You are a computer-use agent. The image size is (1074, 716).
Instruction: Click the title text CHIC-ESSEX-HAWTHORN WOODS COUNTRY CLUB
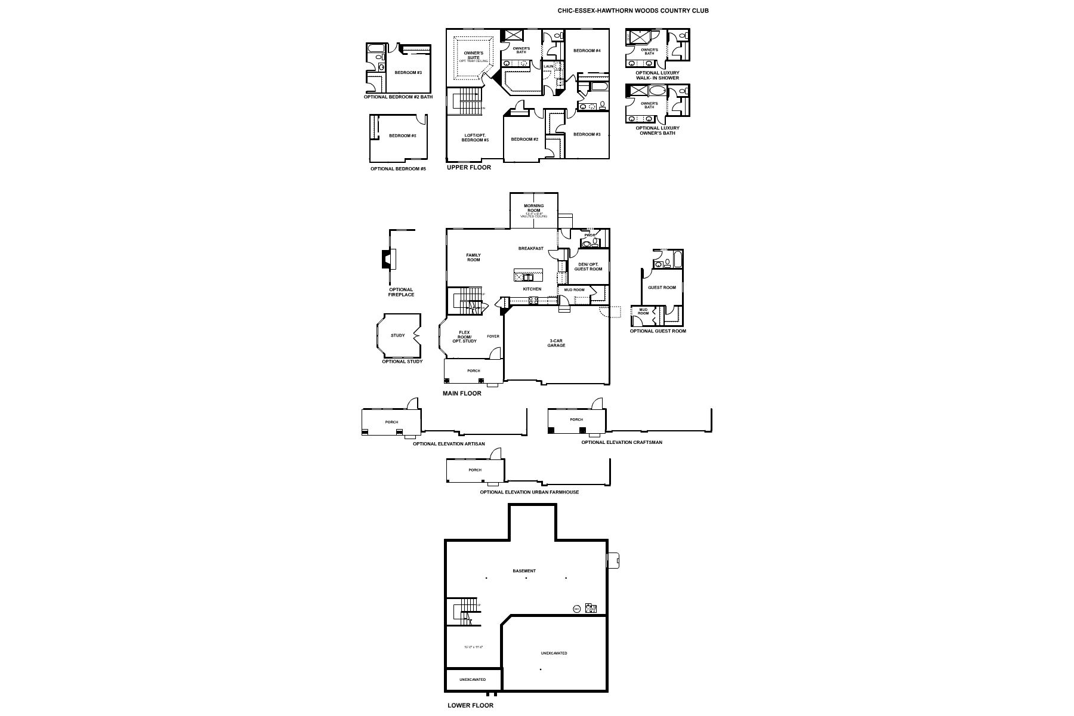[633, 11]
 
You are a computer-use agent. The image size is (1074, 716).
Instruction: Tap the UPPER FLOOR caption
[469, 168]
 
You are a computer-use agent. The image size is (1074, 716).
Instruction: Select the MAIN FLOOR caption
[462, 394]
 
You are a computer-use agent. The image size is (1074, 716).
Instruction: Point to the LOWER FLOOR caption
[471, 705]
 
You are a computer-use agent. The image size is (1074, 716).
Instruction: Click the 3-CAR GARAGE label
[556, 343]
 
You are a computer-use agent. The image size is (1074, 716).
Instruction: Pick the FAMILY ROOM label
[473, 257]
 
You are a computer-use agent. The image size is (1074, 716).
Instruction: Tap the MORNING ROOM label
[533, 208]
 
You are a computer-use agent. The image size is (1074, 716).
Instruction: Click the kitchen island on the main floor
[528, 275]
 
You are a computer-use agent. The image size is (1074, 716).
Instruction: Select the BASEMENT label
[524, 571]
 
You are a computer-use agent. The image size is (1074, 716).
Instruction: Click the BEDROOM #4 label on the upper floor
[587, 51]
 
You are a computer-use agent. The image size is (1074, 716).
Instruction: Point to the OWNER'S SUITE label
[473, 55]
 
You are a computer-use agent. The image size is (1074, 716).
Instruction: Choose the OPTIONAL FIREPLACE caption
[401, 292]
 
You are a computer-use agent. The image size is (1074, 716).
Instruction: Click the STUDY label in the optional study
[397, 335]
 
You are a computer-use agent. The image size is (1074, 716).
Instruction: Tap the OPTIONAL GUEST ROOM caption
[658, 331]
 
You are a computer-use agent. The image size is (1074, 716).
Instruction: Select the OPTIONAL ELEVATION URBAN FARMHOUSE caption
[529, 492]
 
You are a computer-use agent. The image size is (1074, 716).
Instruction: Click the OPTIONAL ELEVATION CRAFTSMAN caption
[622, 443]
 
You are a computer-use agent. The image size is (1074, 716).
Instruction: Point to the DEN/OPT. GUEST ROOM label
[588, 267]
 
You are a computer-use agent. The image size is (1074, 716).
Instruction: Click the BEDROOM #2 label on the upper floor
[524, 140]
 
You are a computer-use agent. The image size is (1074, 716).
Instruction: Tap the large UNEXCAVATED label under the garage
[554, 653]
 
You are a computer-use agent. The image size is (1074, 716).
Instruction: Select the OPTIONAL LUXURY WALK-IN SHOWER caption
[657, 75]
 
